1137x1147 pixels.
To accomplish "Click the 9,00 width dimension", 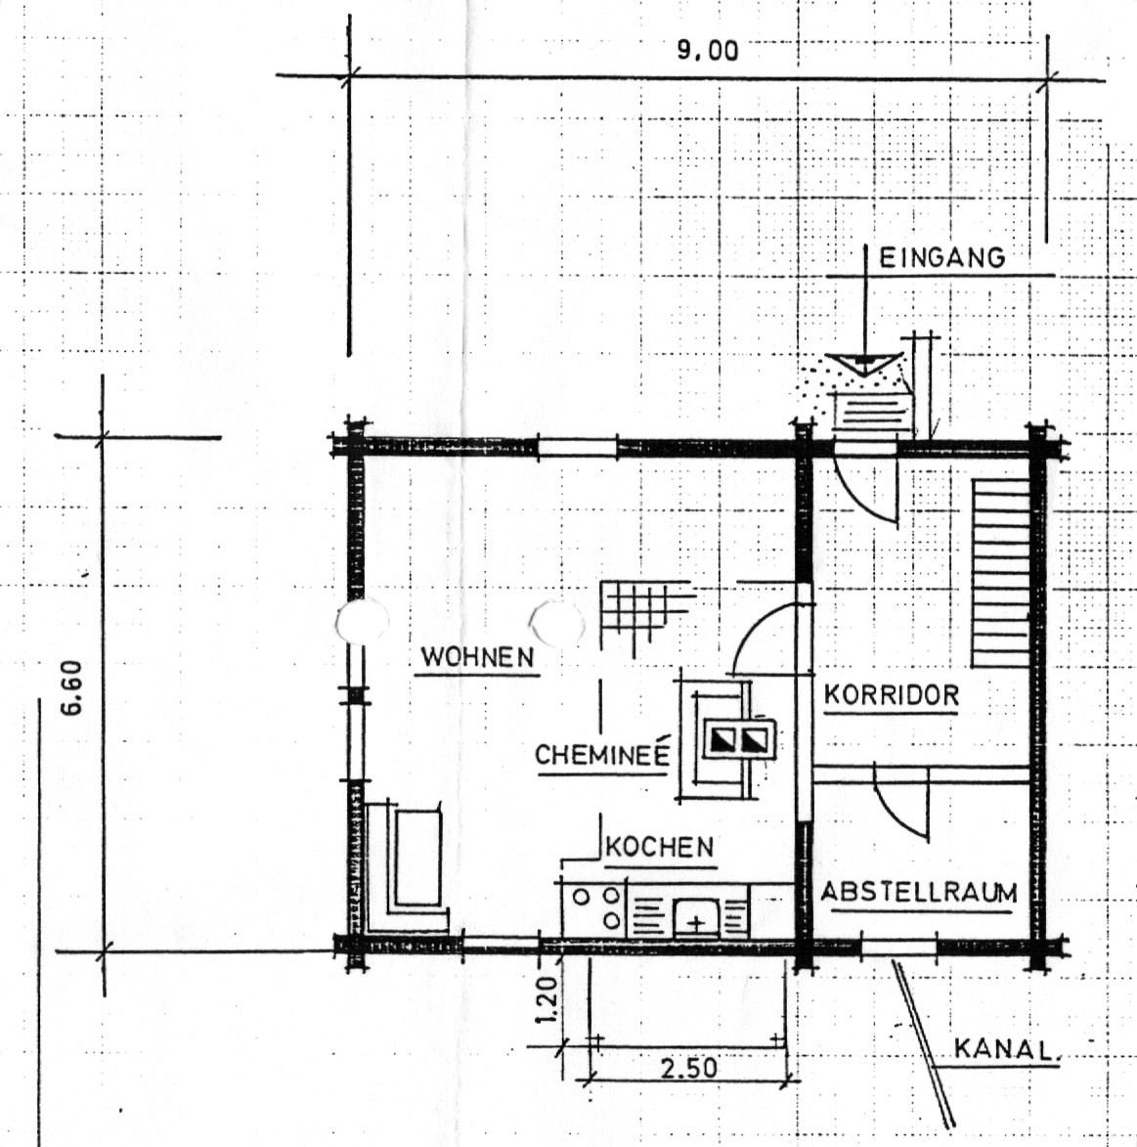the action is tap(707, 51).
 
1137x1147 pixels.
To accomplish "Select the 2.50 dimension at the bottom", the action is tap(689, 1069).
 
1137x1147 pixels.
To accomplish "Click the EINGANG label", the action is tap(941, 258).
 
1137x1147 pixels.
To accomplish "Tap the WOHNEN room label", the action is tap(477, 657).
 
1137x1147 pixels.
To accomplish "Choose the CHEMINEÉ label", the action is tap(602, 754).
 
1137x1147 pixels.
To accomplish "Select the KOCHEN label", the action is tap(660, 847).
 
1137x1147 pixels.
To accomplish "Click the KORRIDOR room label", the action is tap(892, 694).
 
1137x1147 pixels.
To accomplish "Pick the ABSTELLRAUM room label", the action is tap(919, 893).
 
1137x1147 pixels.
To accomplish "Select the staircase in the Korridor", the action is tap(1000, 573).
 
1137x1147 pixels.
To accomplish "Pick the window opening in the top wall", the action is tap(577, 447).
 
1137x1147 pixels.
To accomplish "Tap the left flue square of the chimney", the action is tap(719, 739).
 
